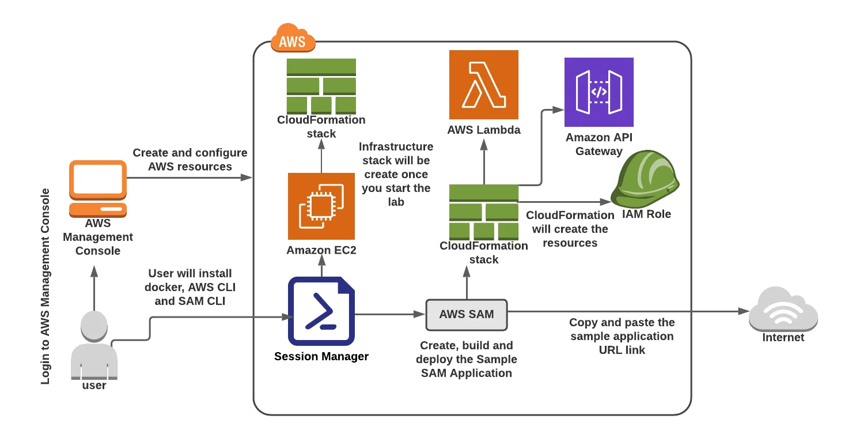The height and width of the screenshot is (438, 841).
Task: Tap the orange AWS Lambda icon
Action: point(484,85)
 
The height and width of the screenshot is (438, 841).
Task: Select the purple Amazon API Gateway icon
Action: point(598,92)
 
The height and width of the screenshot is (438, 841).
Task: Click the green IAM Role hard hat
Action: point(645,179)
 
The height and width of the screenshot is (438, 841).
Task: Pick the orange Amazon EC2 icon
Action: point(321,206)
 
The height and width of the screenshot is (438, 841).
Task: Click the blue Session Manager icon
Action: point(321,311)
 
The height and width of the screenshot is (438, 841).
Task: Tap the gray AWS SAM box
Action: point(467,315)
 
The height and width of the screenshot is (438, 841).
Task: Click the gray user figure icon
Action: point(94,346)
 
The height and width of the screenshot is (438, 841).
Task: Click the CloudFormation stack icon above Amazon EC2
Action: point(321,86)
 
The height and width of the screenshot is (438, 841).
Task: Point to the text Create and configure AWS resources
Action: point(190,160)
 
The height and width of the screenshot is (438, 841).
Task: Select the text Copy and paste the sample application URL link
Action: point(622,336)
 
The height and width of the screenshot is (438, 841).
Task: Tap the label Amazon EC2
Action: point(321,250)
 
